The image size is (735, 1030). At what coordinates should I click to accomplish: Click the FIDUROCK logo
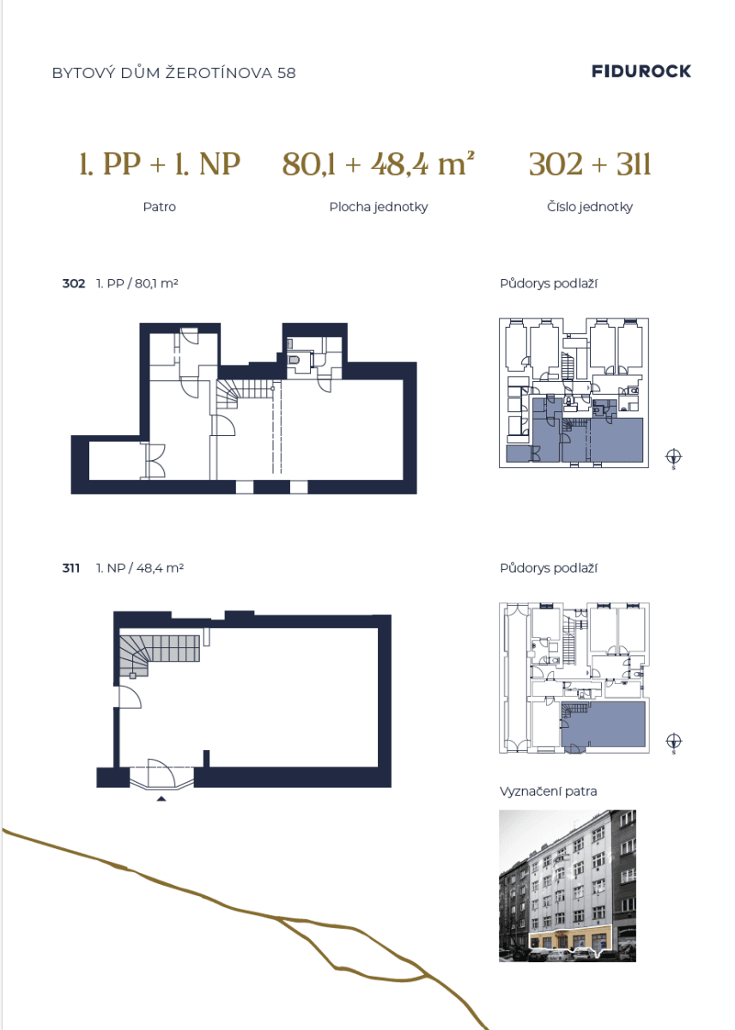click(x=641, y=71)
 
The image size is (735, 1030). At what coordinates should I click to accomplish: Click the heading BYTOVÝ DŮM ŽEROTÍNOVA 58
click(x=173, y=73)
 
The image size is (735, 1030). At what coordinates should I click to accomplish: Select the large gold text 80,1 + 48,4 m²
click(x=378, y=164)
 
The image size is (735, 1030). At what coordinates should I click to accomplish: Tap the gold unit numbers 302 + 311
click(x=590, y=164)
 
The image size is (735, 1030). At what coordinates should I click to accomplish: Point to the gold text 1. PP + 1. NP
click(x=160, y=164)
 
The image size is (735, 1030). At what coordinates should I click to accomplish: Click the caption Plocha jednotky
click(x=379, y=207)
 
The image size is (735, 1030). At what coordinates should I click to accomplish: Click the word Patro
click(x=159, y=207)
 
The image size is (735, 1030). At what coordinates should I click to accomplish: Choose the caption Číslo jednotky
click(x=590, y=207)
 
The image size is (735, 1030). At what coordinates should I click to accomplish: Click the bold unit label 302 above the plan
click(x=74, y=283)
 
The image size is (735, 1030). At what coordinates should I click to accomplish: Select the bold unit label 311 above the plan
click(x=70, y=568)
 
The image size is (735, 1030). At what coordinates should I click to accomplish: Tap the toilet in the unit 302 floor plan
click(x=293, y=359)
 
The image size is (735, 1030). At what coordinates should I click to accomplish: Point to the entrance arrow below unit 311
click(x=161, y=799)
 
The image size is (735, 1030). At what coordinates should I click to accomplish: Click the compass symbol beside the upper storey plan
click(x=674, y=457)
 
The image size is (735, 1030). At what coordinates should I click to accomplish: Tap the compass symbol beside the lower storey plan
click(x=674, y=742)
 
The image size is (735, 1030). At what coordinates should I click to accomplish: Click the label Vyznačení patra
click(x=549, y=791)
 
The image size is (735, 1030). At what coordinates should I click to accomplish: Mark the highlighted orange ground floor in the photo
click(x=570, y=940)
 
